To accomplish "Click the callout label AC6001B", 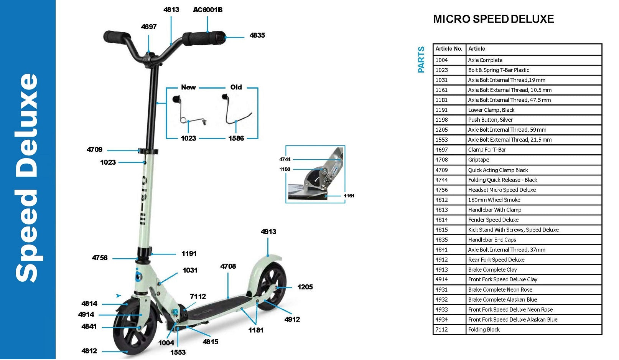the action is tap(207, 10).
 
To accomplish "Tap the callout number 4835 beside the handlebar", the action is tap(257, 35).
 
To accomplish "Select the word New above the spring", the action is tap(188, 88).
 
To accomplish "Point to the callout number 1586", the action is tap(236, 138).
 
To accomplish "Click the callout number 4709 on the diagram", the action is tap(94, 150).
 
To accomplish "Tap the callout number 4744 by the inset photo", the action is tap(285, 159).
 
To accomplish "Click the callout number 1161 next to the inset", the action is tap(349, 196).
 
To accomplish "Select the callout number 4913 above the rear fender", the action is tap(268, 232).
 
